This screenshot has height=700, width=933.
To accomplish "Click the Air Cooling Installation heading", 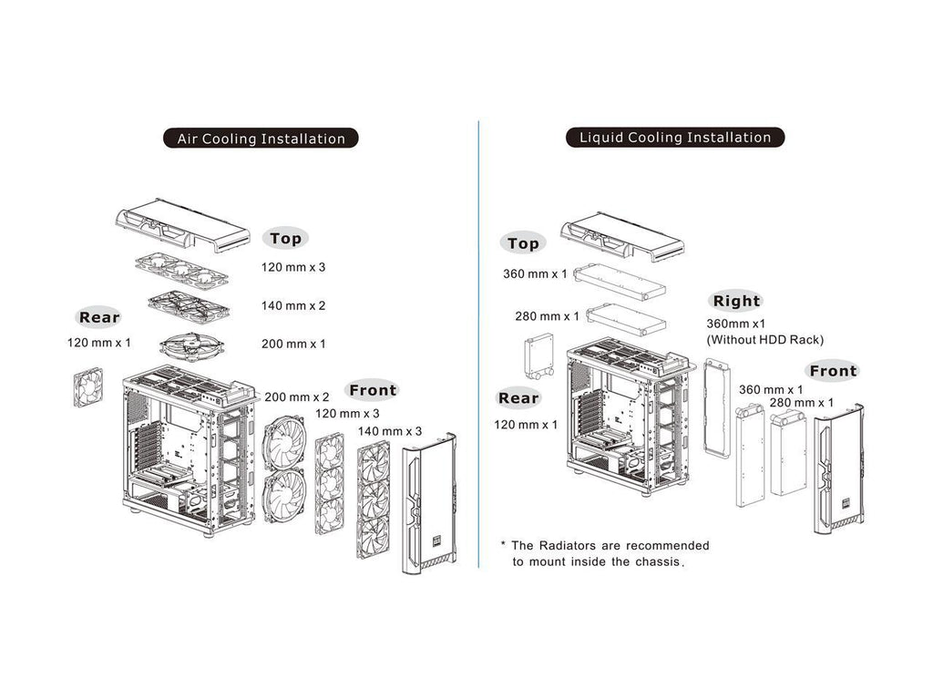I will (x=261, y=139).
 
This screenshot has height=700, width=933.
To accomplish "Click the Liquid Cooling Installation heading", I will (x=675, y=138).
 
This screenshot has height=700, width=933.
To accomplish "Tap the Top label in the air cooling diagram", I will (x=285, y=239).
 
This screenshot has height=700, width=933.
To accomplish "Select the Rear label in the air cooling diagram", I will (x=99, y=317).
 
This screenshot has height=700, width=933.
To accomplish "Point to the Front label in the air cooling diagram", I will (x=373, y=390).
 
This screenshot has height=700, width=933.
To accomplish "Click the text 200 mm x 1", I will (x=292, y=344).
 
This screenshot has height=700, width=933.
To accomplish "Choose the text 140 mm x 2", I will (x=292, y=305).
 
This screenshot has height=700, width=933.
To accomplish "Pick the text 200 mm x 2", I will (x=297, y=397).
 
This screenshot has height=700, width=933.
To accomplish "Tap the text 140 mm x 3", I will (x=390, y=430).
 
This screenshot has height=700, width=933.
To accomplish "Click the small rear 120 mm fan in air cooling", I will (x=90, y=386).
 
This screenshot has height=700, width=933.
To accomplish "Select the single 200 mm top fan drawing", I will (x=192, y=346).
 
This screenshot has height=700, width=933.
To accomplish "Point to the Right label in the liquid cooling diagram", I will (x=736, y=301).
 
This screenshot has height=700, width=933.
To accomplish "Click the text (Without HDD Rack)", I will (x=764, y=339).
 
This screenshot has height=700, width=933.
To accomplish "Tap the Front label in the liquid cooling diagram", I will (x=833, y=371).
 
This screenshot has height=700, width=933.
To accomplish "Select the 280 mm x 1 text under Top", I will (x=547, y=316).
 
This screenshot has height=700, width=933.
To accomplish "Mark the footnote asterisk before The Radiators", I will (x=502, y=544).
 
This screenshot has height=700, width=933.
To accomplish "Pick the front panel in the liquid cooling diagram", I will (x=838, y=469).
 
